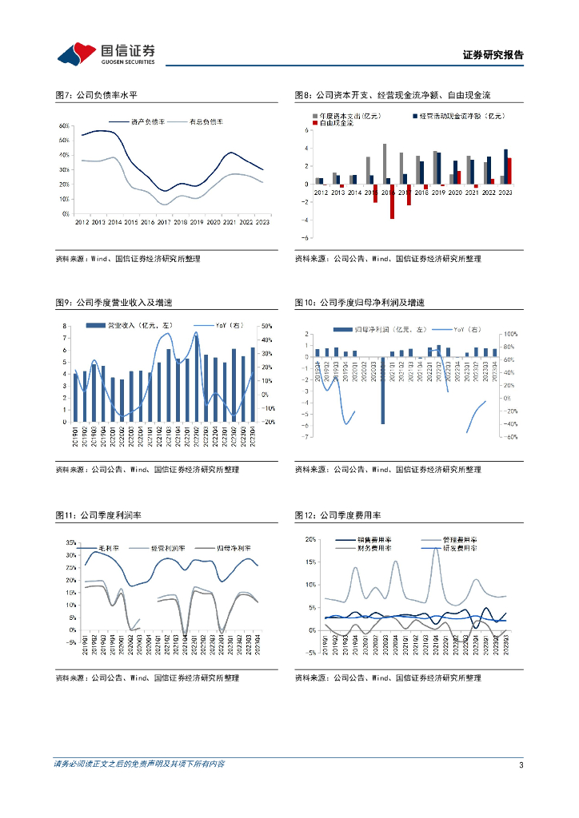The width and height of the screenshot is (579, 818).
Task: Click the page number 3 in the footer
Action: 521,765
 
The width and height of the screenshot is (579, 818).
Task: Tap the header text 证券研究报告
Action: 493,55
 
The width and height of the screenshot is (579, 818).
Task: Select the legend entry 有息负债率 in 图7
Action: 206,121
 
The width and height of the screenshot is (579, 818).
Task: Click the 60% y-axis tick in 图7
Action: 64,125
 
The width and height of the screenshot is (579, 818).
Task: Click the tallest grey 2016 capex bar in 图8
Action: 385,164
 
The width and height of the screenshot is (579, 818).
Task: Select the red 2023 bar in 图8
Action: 509,171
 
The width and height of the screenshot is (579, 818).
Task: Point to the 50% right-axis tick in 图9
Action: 267,326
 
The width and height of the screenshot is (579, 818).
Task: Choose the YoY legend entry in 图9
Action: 223,326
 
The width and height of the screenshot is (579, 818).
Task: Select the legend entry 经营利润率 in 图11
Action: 168,550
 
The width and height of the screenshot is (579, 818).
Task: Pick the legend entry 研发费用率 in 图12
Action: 461,550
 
